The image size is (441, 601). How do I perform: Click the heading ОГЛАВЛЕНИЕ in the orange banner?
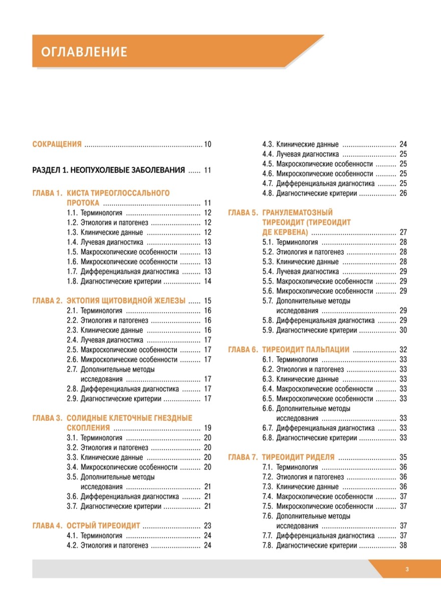tap(84, 52)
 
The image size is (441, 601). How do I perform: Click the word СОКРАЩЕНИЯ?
tap(57, 144)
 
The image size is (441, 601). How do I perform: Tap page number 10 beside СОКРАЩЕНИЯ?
tap(207, 144)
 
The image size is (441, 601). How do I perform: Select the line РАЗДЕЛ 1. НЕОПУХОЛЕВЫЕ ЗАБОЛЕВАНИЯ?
tap(109, 170)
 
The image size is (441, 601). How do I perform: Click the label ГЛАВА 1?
tap(47, 193)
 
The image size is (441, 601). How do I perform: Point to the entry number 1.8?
tap(72, 281)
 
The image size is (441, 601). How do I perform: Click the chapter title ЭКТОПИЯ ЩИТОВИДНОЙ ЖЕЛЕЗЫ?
tap(126, 301)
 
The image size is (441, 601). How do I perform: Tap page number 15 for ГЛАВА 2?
tap(207, 301)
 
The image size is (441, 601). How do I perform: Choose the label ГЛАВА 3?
tap(47, 418)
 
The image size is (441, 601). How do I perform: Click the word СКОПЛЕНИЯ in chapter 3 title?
tap(88, 428)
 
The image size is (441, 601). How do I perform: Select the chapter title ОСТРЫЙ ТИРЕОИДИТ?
tap(103, 526)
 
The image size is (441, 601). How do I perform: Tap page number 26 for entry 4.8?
tap(403, 193)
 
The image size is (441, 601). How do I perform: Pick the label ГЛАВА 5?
tap(243, 213)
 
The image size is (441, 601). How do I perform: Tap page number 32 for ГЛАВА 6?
tap(403, 350)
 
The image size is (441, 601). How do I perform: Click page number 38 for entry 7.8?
tap(403, 545)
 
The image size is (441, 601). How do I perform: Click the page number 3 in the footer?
tap(407, 569)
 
